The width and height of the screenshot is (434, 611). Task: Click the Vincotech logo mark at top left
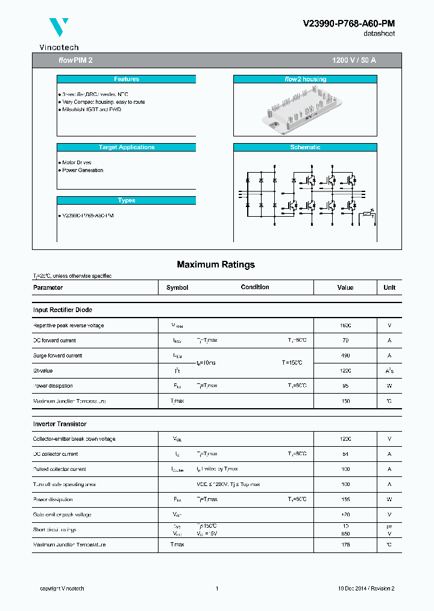(x=58, y=28)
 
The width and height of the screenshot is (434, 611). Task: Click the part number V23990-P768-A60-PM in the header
(x=348, y=24)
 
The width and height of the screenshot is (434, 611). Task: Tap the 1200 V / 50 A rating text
(x=354, y=61)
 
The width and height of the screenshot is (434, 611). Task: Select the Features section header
(x=127, y=79)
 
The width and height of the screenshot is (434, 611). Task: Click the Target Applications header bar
(x=127, y=147)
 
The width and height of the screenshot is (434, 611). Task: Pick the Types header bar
(x=127, y=200)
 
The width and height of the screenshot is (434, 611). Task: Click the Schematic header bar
(x=305, y=147)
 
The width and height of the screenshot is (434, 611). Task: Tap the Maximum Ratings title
(x=216, y=264)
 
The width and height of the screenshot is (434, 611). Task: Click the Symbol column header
(x=177, y=288)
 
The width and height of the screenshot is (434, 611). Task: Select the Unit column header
(x=389, y=288)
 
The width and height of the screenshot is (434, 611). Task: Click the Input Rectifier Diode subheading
(x=63, y=310)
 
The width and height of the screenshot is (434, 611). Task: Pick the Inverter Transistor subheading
(x=60, y=424)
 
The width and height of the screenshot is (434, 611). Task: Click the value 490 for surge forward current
(x=345, y=356)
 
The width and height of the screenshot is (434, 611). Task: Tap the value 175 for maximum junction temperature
(x=345, y=545)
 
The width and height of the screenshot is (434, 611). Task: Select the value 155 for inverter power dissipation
(x=345, y=499)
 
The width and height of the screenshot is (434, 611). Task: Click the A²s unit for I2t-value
(x=389, y=371)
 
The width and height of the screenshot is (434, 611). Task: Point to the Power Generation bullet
(x=83, y=170)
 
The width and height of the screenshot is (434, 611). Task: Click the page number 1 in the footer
(x=216, y=589)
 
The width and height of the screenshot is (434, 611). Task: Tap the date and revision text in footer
(x=366, y=589)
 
